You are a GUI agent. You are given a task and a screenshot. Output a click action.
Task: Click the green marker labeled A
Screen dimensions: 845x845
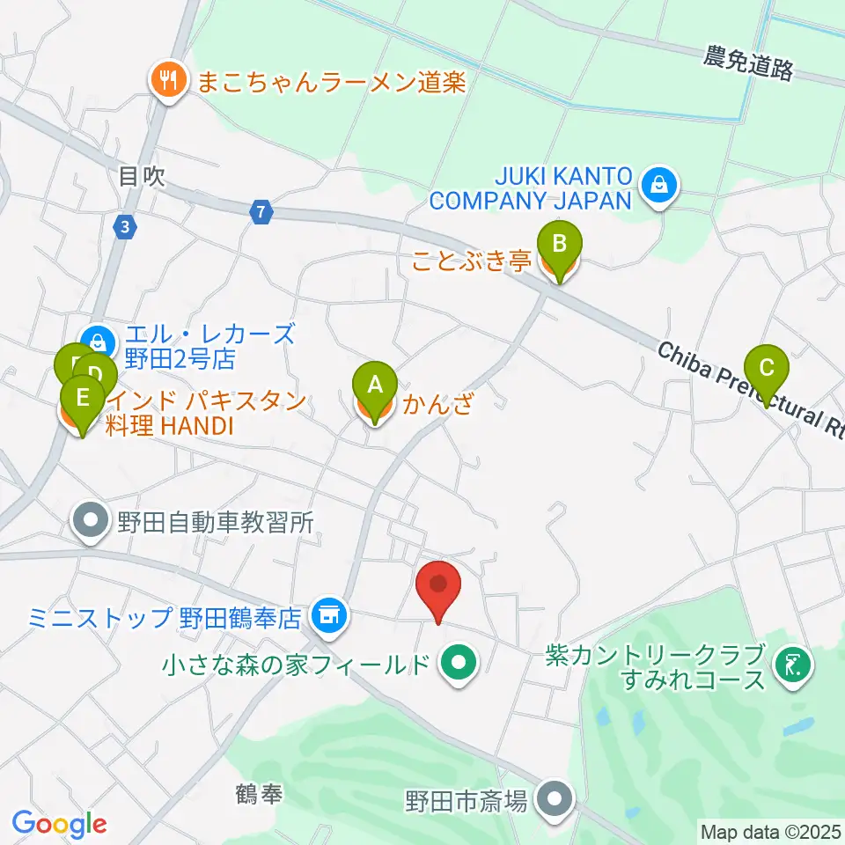click(375, 385)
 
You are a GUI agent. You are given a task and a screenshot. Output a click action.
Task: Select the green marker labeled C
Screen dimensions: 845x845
click(767, 367)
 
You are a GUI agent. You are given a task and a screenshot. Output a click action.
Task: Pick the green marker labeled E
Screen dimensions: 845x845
click(82, 397)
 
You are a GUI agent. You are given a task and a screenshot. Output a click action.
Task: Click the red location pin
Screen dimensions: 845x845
click(437, 584)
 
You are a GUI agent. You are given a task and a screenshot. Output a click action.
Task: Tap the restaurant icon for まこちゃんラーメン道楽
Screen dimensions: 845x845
click(166, 82)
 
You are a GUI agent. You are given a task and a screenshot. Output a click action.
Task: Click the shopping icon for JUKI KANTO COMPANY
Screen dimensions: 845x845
click(658, 185)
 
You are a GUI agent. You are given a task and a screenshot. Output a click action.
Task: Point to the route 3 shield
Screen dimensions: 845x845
click(126, 227)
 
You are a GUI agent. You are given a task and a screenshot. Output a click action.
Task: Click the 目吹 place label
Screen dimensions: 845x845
click(142, 177)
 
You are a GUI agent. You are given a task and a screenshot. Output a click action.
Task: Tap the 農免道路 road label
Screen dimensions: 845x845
click(747, 63)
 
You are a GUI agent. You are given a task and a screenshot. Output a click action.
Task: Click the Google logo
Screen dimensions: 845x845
click(60, 824)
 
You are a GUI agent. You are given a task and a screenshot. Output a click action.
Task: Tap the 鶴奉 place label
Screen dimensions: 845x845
click(260, 795)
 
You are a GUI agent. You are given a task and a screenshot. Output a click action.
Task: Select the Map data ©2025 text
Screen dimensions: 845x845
click(770, 830)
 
